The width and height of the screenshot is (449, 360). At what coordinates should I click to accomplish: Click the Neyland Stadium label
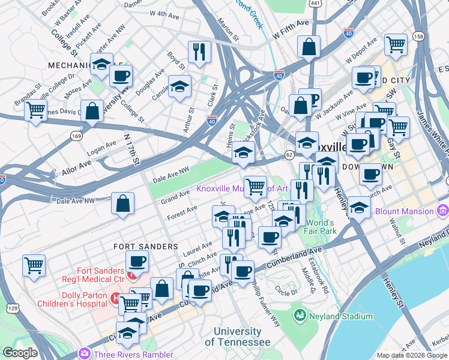click(x=341, y=316)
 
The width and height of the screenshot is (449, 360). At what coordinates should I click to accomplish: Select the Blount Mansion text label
click(x=404, y=211)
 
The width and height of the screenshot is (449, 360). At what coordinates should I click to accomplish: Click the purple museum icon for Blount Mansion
click(x=443, y=211)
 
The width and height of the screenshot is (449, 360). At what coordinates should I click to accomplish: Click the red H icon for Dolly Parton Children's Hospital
click(x=115, y=297)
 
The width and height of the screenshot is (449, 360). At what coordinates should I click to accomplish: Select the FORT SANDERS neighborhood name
click(x=146, y=247)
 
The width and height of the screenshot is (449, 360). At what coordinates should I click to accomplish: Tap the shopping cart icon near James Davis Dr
click(x=36, y=110)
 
